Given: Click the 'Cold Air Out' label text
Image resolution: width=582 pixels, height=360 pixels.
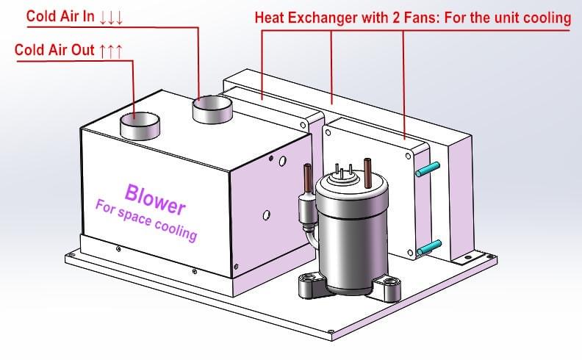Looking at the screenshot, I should [55, 51].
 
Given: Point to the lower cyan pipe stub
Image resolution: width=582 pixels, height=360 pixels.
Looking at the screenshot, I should [428, 248].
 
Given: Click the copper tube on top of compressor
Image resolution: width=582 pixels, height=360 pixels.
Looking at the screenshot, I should [366, 170].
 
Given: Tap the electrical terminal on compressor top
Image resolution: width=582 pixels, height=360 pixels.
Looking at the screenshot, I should [343, 171].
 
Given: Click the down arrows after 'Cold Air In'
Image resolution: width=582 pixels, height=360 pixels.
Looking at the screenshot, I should [111, 16].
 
